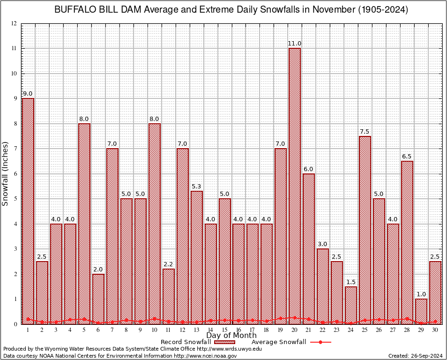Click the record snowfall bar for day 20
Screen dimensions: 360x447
(295, 187)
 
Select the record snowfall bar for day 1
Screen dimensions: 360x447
(28, 211)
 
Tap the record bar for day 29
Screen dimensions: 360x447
(421, 311)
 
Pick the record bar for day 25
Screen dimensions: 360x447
(365, 230)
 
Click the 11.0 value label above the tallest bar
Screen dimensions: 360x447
(295, 44)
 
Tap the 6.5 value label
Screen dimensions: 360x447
(407, 157)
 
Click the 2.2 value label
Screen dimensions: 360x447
(168, 264)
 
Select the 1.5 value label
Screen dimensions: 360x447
(351, 282)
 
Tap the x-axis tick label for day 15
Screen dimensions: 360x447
(224, 330)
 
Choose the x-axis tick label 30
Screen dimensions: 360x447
(435, 330)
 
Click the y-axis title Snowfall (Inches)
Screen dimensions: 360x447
(6, 173)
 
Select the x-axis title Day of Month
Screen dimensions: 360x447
(231, 336)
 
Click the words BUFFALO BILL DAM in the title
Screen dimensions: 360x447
(92, 10)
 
